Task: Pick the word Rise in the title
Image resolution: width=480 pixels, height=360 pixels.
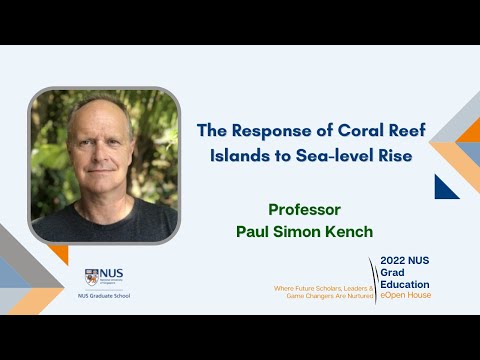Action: pyautogui.click(x=390, y=156)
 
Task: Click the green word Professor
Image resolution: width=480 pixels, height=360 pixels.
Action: pyautogui.click(x=305, y=210)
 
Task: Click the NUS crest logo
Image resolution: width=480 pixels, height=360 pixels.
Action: pyautogui.click(x=92, y=277)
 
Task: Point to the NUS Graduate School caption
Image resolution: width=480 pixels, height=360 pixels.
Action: pyautogui.click(x=104, y=296)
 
